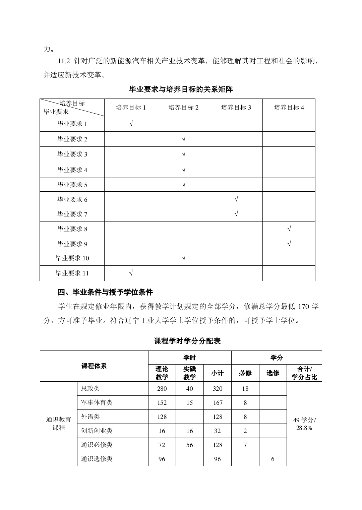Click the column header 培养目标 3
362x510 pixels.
click(x=236, y=108)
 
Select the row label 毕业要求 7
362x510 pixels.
click(x=72, y=214)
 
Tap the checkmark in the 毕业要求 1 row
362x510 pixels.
click(x=131, y=124)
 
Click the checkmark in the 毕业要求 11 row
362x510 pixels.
click(x=131, y=273)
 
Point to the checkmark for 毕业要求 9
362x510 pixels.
click(x=289, y=244)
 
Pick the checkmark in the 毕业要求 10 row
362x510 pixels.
click(x=184, y=258)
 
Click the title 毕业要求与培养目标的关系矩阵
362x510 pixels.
click(x=181, y=89)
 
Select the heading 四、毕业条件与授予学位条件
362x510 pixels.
click(x=105, y=293)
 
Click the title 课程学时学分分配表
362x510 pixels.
click(x=187, y=341)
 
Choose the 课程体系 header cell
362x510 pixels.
click(x=94, y=366)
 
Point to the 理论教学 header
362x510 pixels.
click(x=162, y=373)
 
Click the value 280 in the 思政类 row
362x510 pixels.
click(x=162, y=389)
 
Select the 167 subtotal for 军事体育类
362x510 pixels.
click(x=218, y=403)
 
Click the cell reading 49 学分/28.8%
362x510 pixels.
click(x=304, y=424)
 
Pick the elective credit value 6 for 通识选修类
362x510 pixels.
click(x=273, y=459)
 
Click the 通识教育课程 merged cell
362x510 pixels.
click(x=59, y=424)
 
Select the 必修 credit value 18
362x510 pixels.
click(x=245, y=389)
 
